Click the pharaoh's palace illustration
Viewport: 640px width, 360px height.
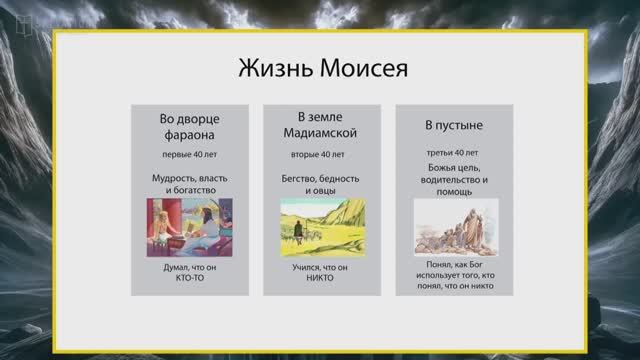click(189, 227)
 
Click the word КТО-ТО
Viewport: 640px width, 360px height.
click(189, 280)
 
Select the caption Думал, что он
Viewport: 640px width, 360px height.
click(189, 269)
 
